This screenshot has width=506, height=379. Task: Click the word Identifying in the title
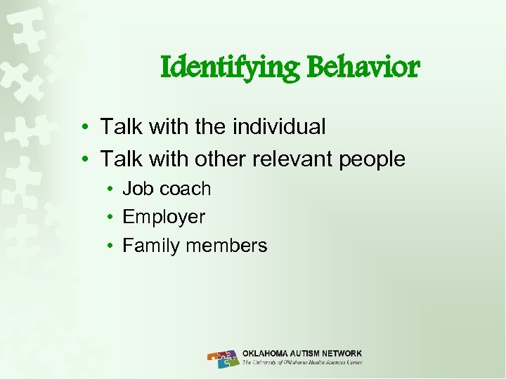point(228,69)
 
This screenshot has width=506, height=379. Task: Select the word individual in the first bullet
point(278,127)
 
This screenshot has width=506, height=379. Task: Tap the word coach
point(185,189)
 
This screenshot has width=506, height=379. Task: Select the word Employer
point(164,218)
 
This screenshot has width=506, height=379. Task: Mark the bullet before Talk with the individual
point(84,128)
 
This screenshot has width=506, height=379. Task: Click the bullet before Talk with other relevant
point(84,160)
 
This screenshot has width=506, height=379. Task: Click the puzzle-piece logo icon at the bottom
point(223,359)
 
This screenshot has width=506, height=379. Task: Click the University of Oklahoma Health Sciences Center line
point(302,364)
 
